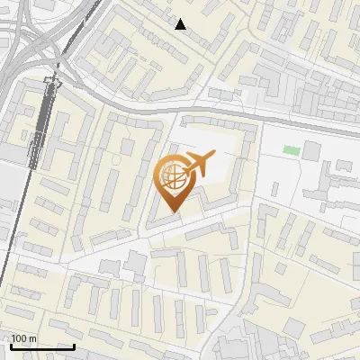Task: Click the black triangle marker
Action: point(181,24)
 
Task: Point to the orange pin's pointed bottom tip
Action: point(173,211)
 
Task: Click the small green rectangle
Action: point(290,149)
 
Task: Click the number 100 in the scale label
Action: point(19,338)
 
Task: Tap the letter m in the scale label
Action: point(32,338)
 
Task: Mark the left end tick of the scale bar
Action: point(10,345)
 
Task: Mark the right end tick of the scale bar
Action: point(74,345)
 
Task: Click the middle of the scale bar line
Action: point(41,346)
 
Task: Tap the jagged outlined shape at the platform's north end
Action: point(52,81)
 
